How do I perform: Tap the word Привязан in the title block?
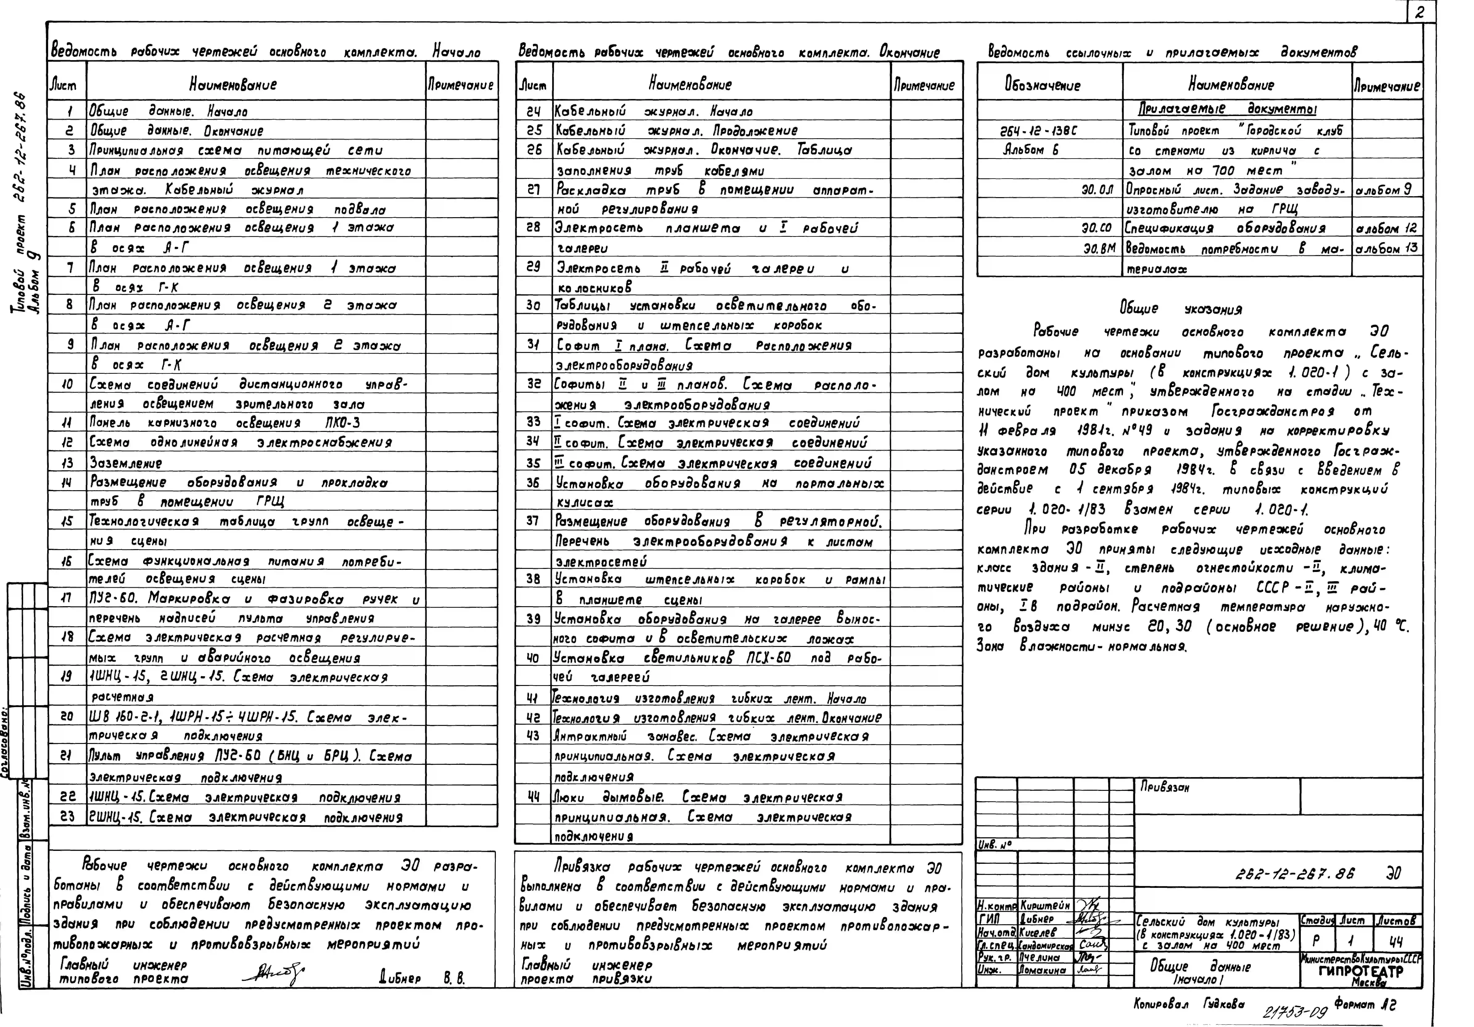[x=1165, y=787]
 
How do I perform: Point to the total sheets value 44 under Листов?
[x=1396, y=941]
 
